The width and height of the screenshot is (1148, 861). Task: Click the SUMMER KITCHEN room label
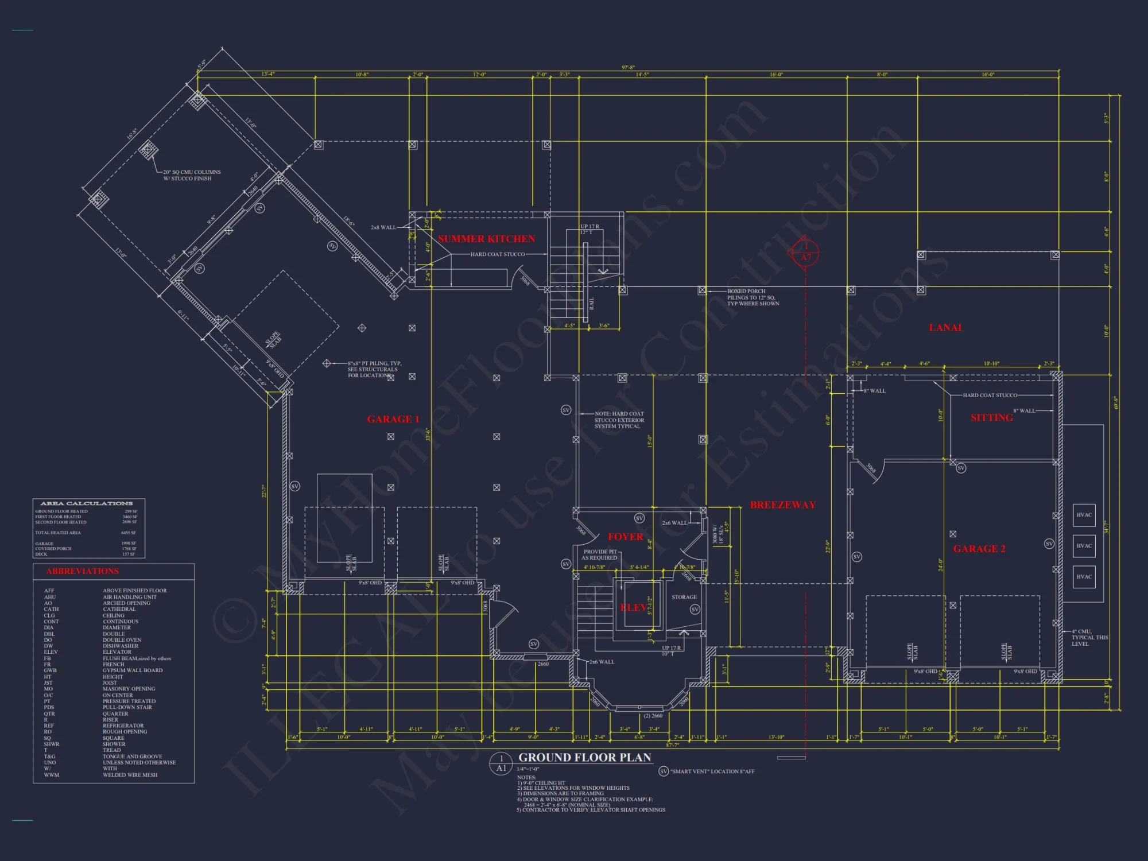coord(486,239)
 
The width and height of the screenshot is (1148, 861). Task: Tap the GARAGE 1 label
coord(393,419)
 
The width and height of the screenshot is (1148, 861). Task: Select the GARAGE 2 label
coord(979,549)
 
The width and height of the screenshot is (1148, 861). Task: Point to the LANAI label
coord(945,328)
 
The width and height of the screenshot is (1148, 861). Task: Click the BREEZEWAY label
coord(783,505)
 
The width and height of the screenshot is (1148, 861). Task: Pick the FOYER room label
coord(626,537)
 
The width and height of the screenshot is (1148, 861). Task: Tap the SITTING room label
coord(992,418)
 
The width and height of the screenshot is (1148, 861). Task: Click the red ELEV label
coord(633,607)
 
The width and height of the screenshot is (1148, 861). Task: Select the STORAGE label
coord(684,597)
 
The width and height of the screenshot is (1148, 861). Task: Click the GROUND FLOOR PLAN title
coord(585,758)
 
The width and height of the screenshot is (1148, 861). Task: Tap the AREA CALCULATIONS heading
coord(87,503)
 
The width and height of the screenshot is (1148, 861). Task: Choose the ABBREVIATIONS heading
coord(83,571)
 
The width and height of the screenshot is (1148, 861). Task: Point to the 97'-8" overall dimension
coord(628,68)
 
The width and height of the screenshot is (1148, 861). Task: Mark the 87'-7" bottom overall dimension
coord(673,745)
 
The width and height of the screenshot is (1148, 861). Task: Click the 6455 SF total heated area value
coord(129,533)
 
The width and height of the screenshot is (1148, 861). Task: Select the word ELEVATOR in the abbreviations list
coord(117,652)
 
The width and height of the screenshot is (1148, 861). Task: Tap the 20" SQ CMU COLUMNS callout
coord(191,175)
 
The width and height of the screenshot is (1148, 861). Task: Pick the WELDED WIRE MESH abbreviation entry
coord(130,775)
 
